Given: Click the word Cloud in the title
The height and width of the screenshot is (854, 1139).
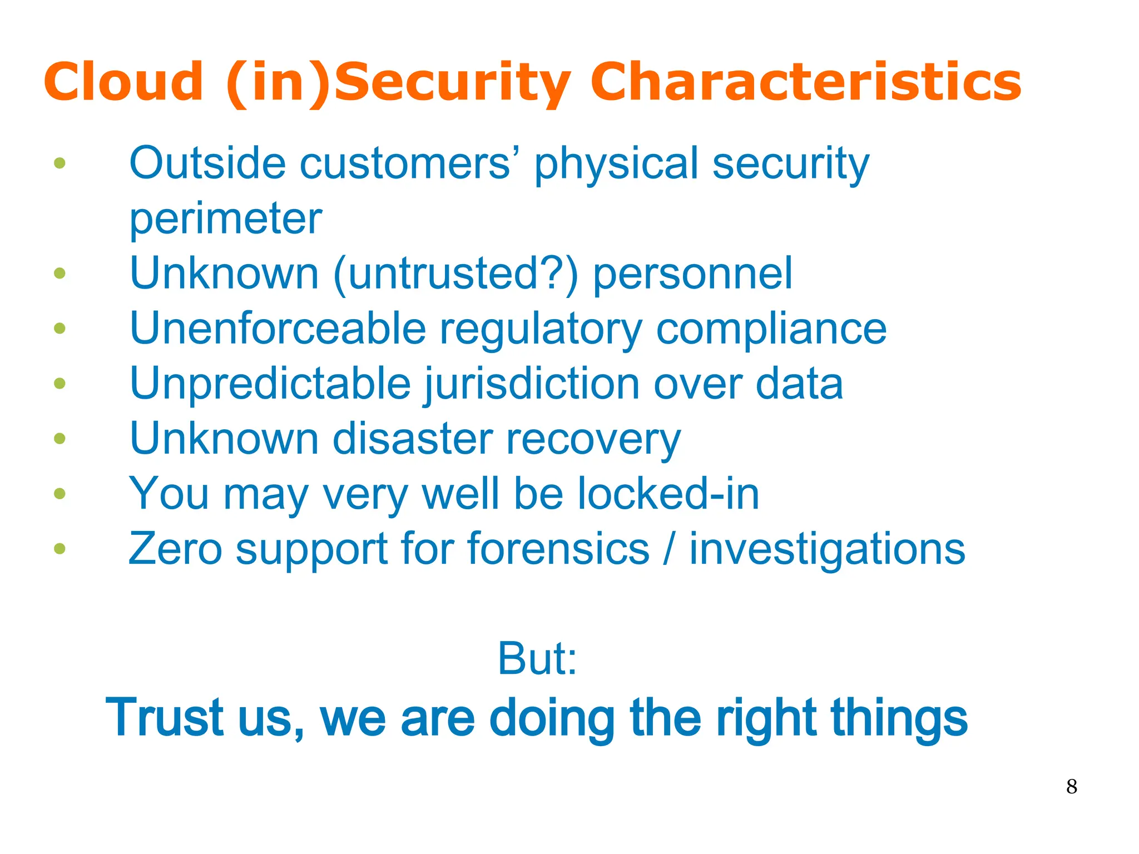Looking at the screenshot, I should [123, 82].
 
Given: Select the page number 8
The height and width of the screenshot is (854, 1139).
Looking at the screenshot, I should [1072, 787].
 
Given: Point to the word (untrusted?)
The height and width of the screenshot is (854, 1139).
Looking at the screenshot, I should [456, 274].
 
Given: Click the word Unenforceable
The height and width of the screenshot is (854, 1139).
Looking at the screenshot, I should [278, 328].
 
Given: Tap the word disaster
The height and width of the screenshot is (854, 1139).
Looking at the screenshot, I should [412, 439].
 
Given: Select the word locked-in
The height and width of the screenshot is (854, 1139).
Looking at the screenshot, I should [668, 494].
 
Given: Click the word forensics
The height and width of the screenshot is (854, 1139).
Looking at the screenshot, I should [558, 549].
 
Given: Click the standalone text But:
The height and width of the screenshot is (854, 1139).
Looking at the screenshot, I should [537, 659].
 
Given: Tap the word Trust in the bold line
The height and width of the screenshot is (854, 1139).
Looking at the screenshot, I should [165, 718].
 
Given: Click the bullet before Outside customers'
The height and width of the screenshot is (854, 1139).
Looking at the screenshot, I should [60, 163].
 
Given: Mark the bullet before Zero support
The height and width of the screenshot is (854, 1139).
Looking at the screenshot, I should [60, 549].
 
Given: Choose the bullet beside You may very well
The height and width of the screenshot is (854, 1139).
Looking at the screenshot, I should [60, 494].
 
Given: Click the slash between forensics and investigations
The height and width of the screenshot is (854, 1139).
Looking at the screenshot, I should [670, 549].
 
